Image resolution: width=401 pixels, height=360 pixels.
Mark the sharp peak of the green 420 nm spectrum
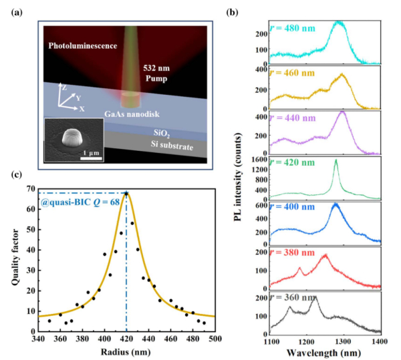click(x=336, y=161)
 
